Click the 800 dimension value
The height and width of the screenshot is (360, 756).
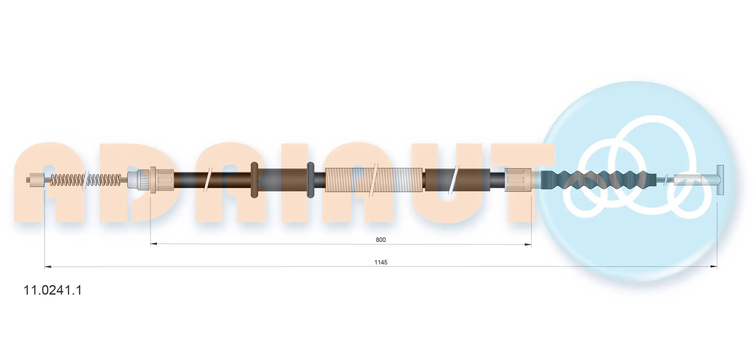(380, 240)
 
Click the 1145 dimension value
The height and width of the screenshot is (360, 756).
(381, 262)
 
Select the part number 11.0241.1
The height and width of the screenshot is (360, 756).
(53, 290)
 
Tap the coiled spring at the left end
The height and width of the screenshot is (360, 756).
(86, 180)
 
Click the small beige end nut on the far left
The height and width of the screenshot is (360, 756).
(37, 180)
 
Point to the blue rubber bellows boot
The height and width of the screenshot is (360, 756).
(599, 180)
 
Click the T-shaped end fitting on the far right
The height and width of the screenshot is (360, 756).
(720, 180)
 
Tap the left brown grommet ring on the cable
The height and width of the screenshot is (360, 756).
(254, 180)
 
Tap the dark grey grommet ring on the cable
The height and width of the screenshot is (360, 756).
(311, 180)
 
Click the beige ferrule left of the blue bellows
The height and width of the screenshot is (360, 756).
(518, 180)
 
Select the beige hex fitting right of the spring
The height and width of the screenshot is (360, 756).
(162, 180)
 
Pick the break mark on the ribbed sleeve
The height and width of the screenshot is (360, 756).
(375, 180)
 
